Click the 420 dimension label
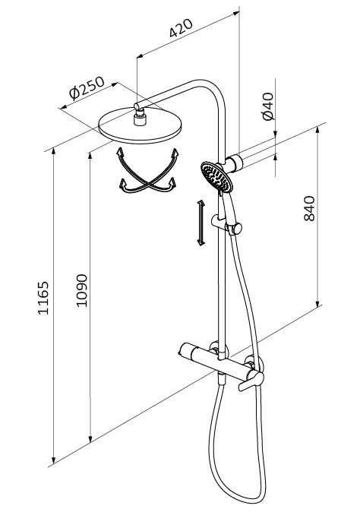coord(181,28)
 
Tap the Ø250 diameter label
coord(87,87)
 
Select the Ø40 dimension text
coord(268,106)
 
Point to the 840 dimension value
coord(309,208)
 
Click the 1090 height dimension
coord(81,290)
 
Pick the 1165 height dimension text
coord(43,298)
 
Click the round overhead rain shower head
coord(140,125)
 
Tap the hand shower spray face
coord(216,176)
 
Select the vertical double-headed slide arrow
coord(201,223)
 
